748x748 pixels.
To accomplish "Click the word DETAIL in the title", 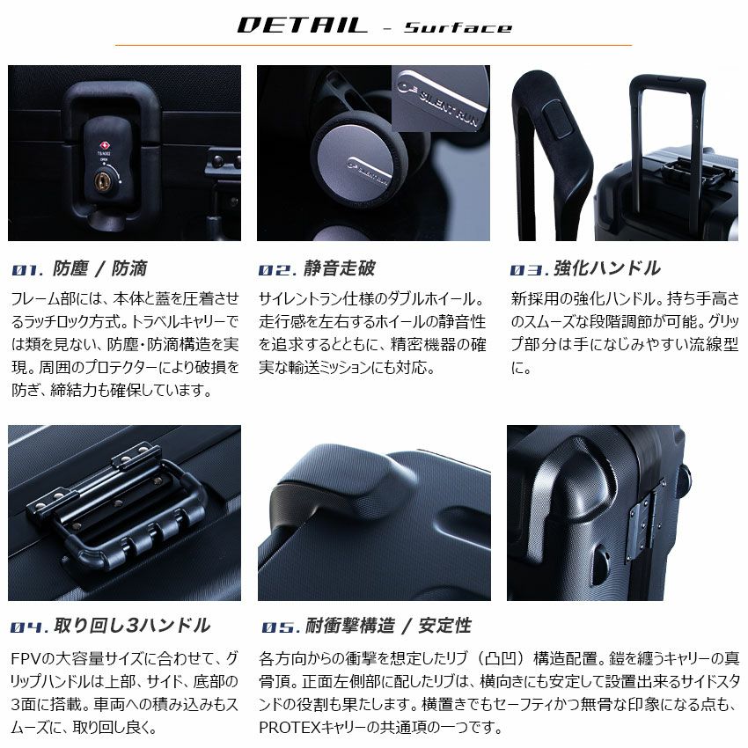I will point(303,25).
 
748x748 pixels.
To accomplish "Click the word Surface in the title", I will point(458,27).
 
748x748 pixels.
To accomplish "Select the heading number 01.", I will point(26,269).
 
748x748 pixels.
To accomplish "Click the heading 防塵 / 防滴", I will point(99,268).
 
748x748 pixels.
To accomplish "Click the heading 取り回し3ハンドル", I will point(132,626).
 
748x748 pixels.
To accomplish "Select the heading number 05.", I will point(280,627).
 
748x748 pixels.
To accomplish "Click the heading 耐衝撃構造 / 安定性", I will point(388,626).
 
